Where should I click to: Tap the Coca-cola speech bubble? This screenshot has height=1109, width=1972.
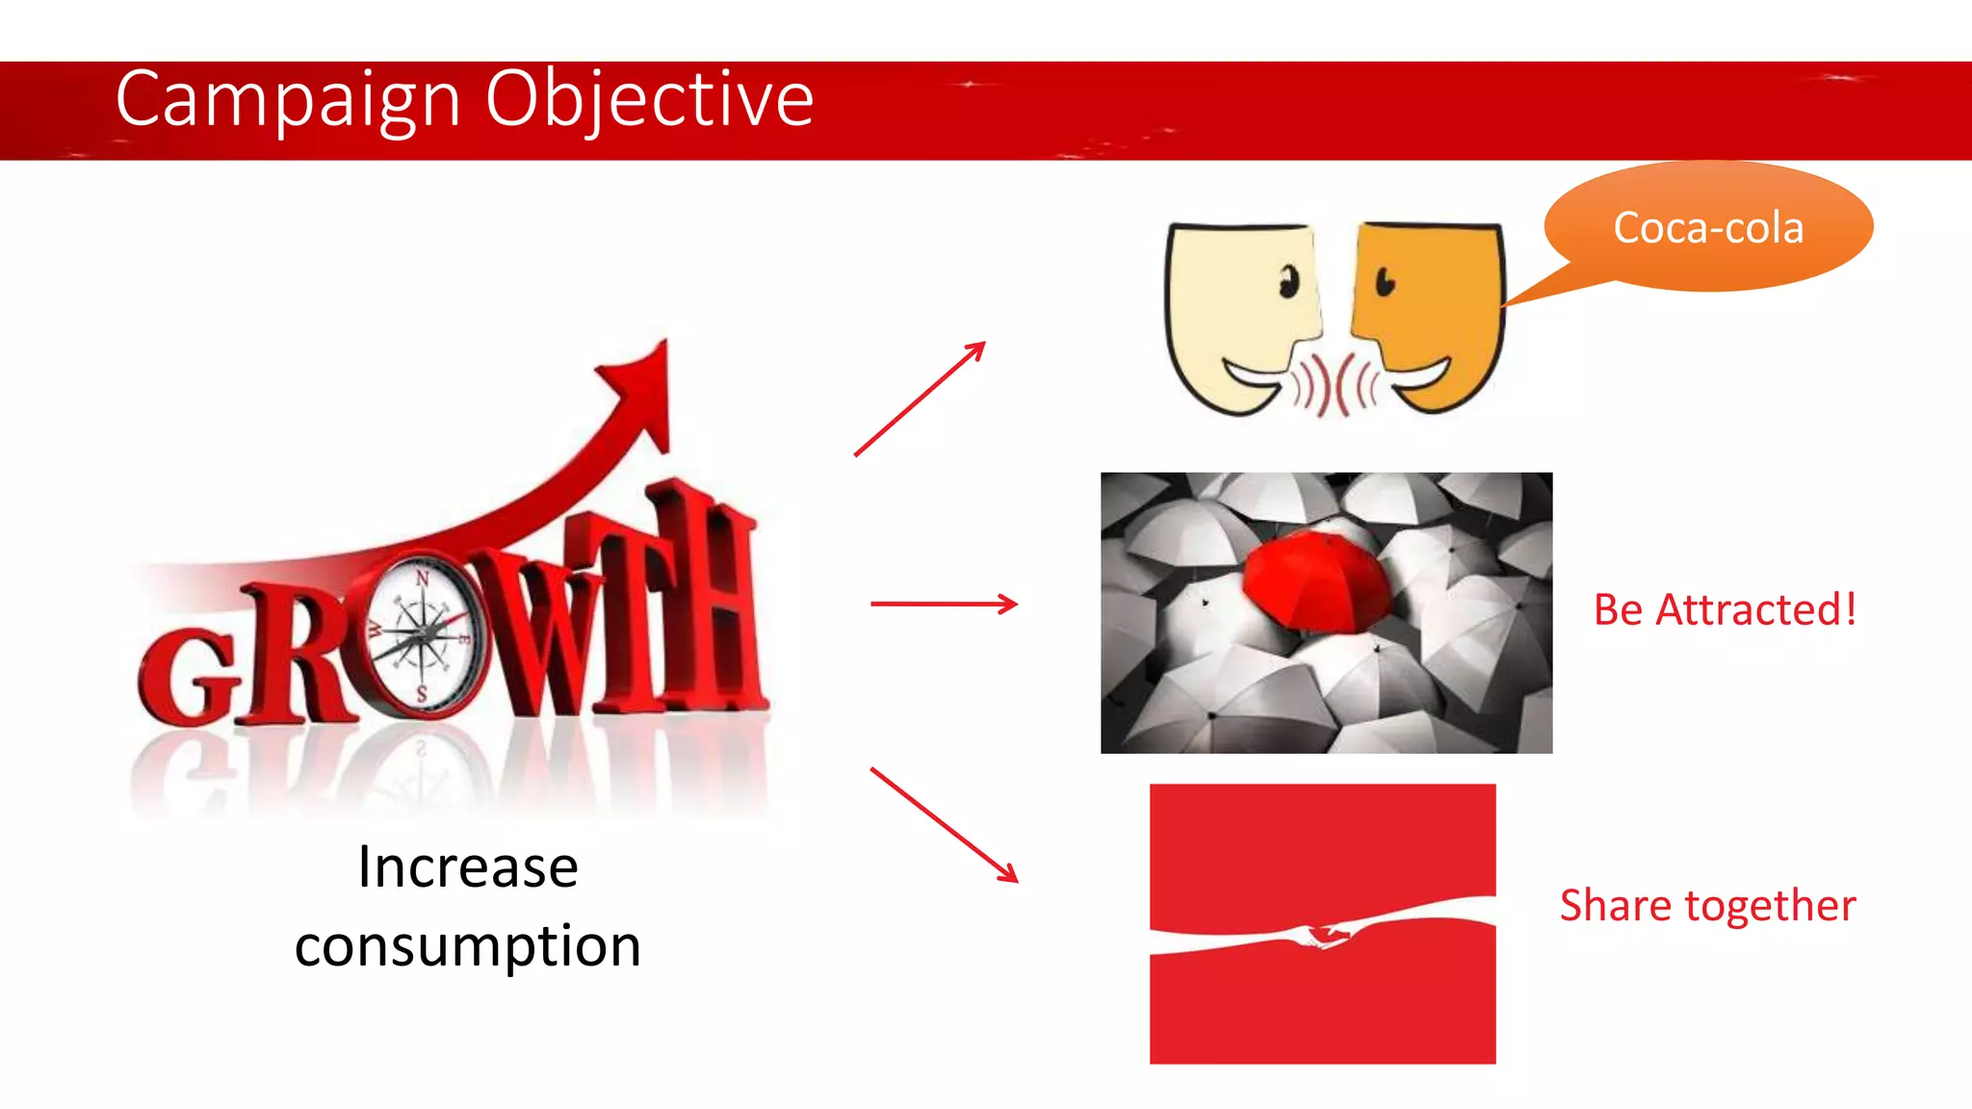pyautogui.click(x=1708, y=228)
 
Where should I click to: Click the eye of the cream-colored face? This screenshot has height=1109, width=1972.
pyautogui.click(x=1287, y=283)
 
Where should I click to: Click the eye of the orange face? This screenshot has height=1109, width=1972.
pyautogui.click(x=1385, y=282)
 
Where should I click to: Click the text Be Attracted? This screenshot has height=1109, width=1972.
pyautogui.click(x=1725, y=610)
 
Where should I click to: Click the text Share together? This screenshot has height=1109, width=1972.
pyautogui.click(x=1707, y=906)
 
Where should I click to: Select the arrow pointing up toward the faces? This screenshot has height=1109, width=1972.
pyautogui.click(x=920, y=399)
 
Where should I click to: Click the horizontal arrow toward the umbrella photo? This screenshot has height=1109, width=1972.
pyautogui.click(x=944, y=605)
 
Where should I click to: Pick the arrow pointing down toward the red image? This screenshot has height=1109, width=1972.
pyautogui.click(x=944, y=825)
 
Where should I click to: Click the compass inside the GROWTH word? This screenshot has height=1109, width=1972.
pyautogui.click(x=422, y=634)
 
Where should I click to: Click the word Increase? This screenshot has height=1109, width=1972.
pyautogui.click(x=468, y=867)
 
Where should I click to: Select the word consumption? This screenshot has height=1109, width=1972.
pyautogui.click(x=468, y=946)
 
